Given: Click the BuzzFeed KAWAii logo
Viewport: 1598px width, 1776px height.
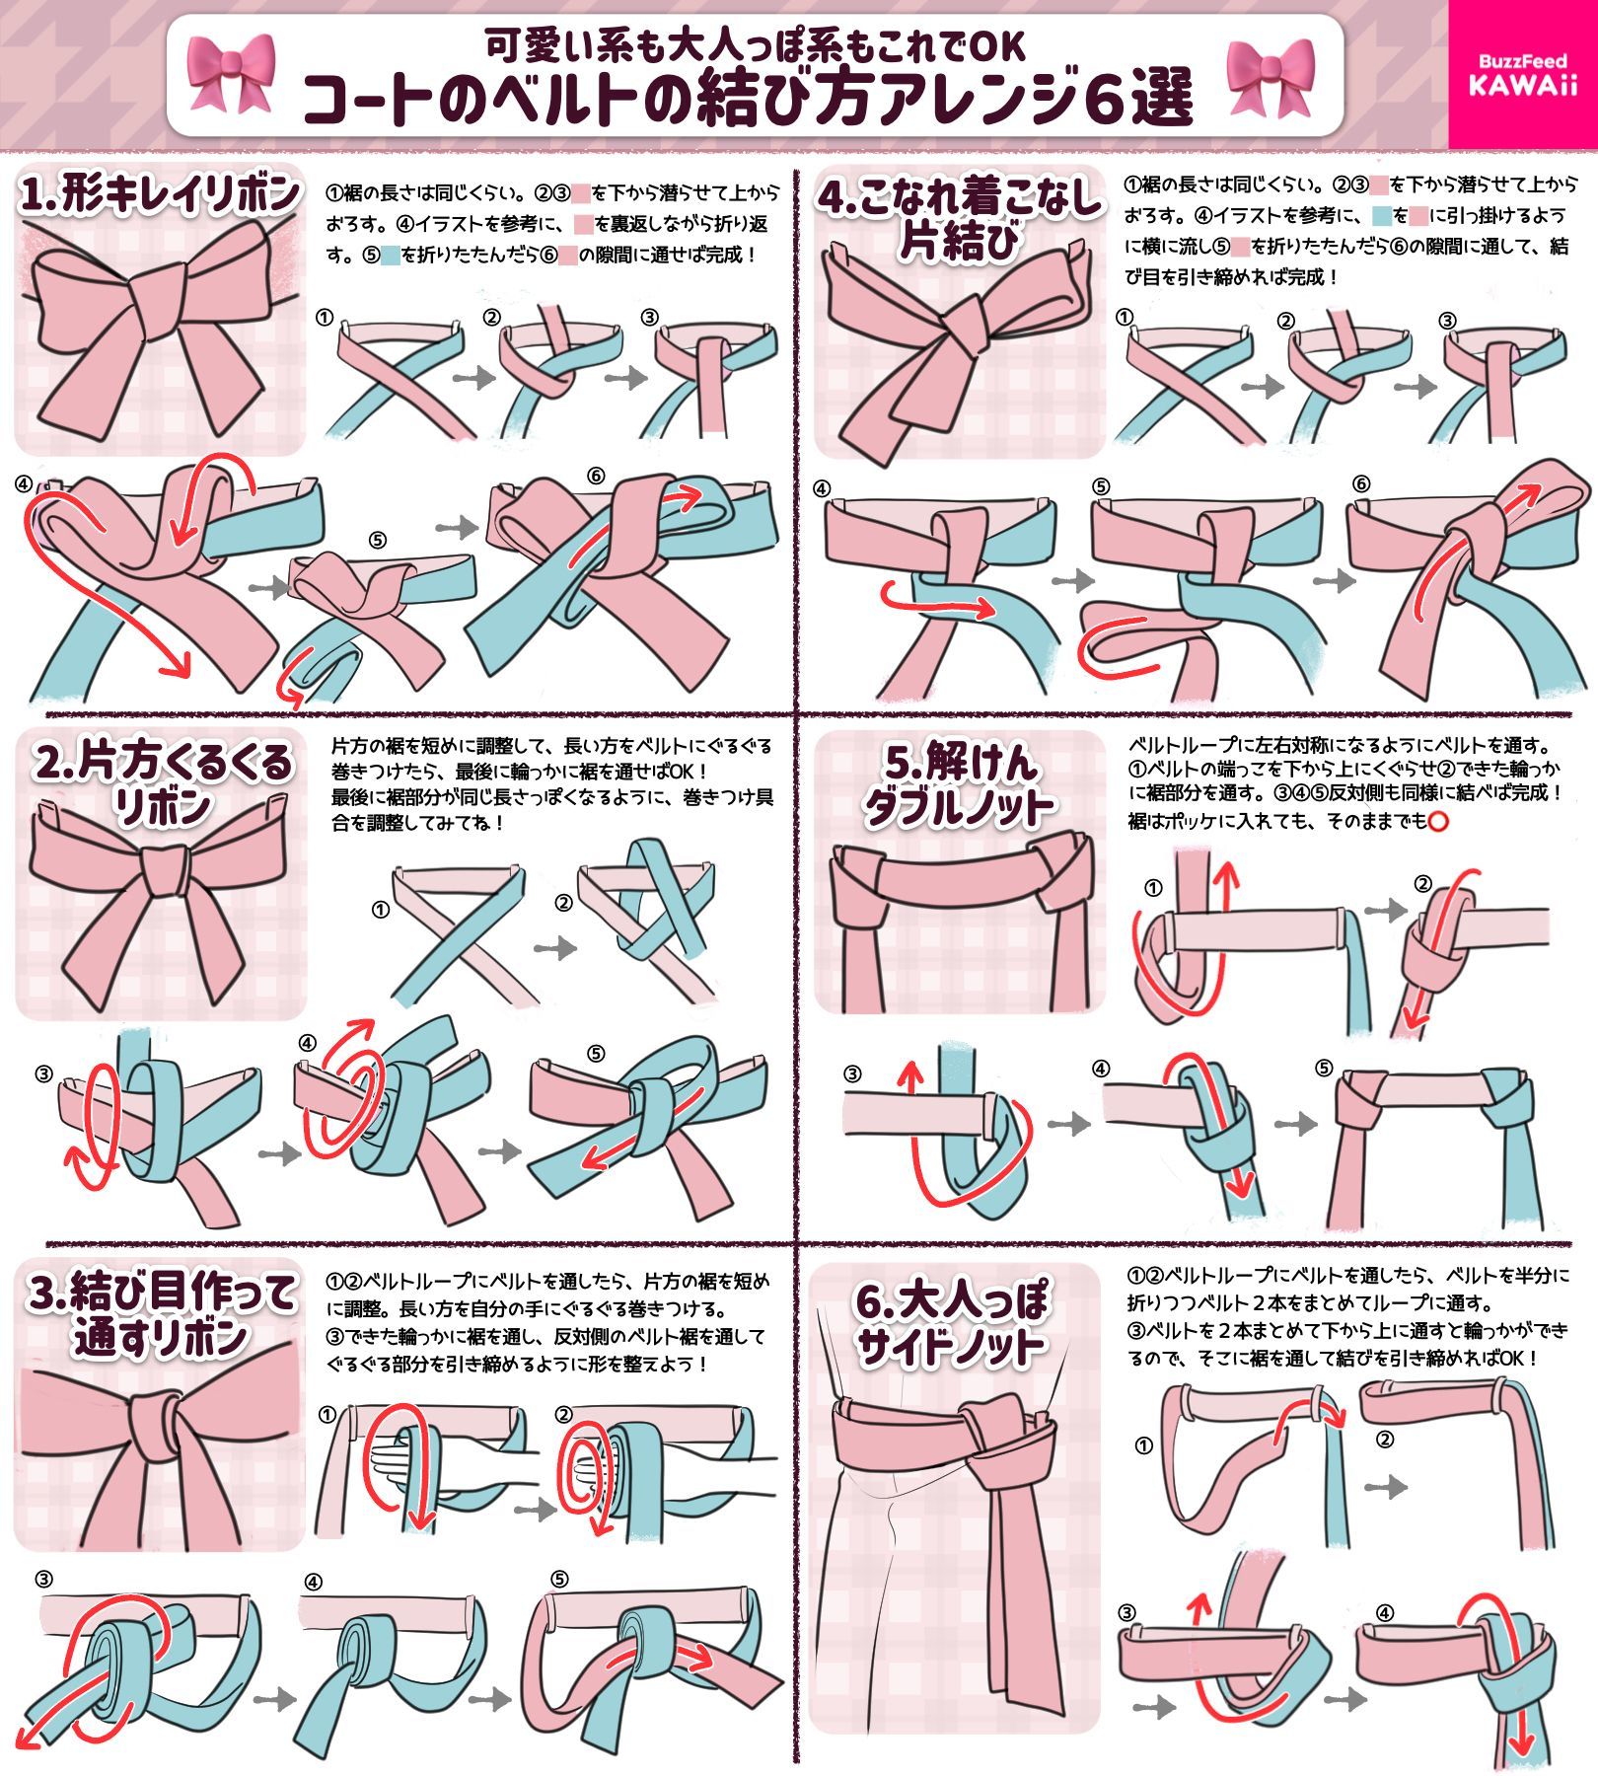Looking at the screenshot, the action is pos(1522,75).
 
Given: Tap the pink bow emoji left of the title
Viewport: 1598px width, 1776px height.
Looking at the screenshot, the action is pos(230,74).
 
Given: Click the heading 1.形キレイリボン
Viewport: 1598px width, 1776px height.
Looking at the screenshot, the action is pos(160,194).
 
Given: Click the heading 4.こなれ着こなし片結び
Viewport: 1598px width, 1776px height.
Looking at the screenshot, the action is pos(958,217).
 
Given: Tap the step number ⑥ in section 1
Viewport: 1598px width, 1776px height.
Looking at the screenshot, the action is pos(595,477).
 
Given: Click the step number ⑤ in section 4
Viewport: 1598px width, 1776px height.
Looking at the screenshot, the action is pos(1101,485).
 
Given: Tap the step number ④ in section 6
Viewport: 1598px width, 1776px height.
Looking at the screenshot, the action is pos(1384,1614).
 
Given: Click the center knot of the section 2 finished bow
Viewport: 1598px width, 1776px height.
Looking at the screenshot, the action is pos(164,868).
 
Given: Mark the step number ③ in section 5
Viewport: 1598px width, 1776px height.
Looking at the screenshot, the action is pos(852,1073).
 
